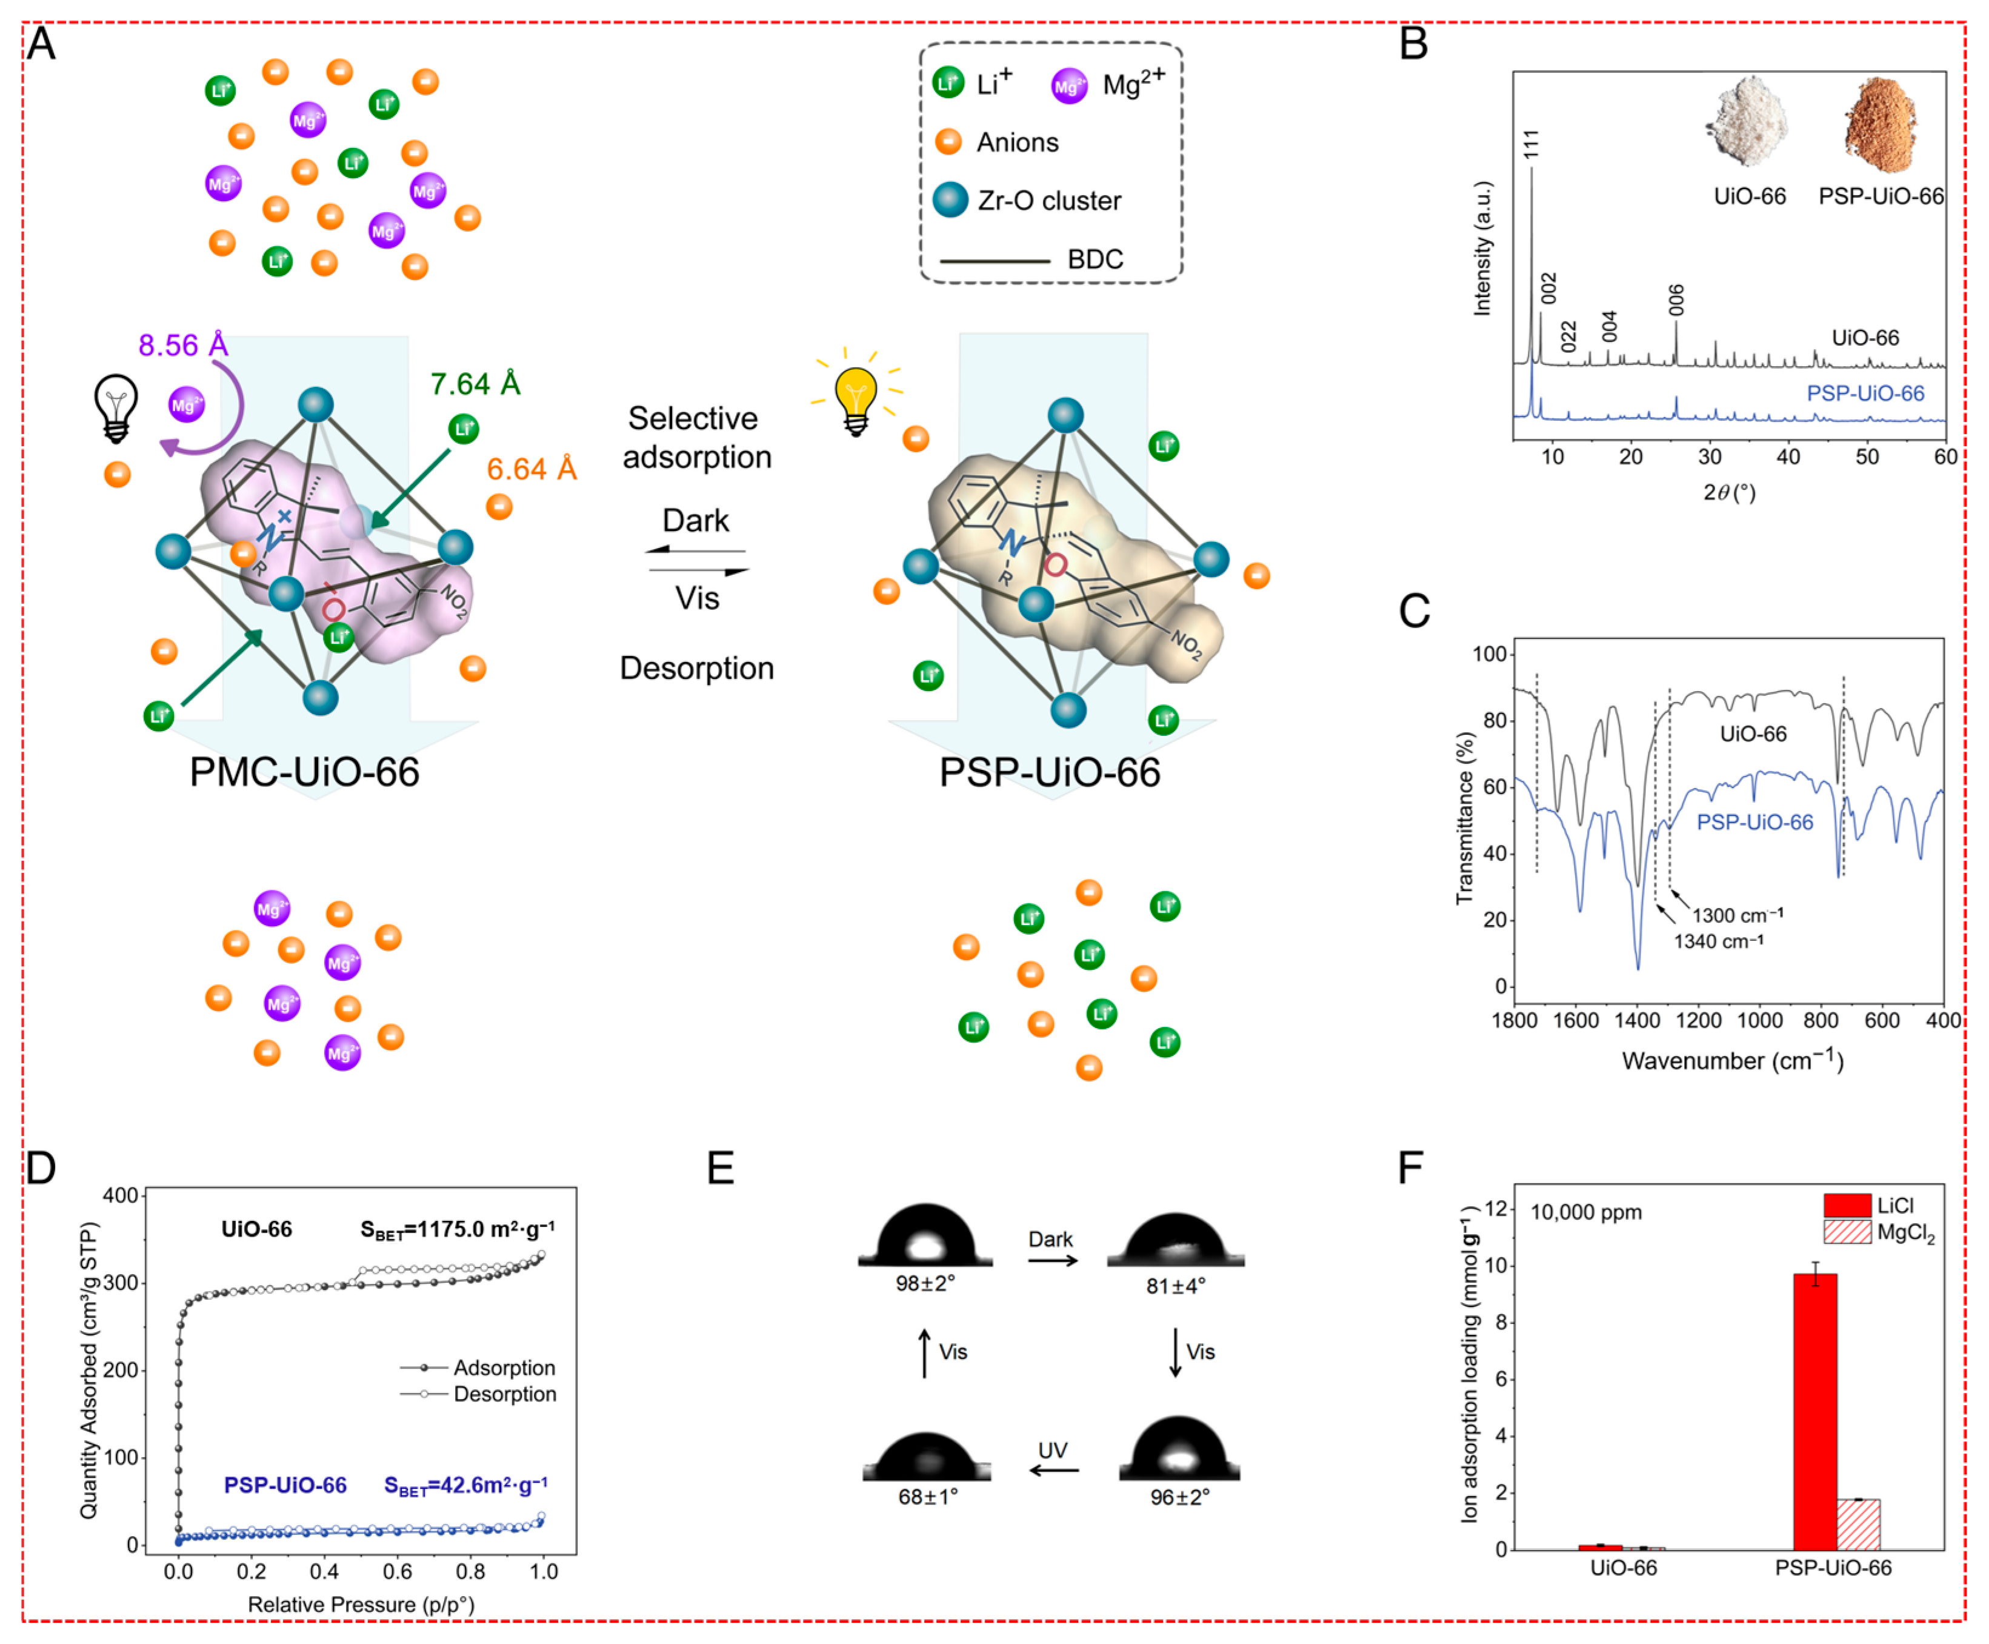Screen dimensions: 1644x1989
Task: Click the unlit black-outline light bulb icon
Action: pyautogui.click(x=116, y=407)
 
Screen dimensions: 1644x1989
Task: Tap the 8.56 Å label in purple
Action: pyautogui.click(x=182, y=345)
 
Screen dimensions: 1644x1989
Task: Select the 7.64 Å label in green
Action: pyautogui.click(x=475, y=384)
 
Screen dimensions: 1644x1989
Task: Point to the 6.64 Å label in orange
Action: pyautogui.click(x=531, y=469)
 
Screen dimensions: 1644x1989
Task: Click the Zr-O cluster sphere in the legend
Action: pyautogui.click(x=950, y=200)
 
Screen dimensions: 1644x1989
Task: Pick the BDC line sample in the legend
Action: pyautogui.click(x=994, y=261)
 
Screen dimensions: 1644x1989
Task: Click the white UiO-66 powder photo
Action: pyautogui.click(x=1748, y=123)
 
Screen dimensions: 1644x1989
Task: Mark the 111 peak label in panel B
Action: pyautogui.click(x=1531, y=144)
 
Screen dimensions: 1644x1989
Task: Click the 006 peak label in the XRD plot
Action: pyautogui.click(x=1677, y=300)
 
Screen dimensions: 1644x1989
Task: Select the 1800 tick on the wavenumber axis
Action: pyautogui.click(x=1514, y=1020)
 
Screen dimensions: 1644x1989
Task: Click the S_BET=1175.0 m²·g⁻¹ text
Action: pyautogui.click(x=458, y=1229)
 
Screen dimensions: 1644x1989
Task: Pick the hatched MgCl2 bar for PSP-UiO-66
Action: pyautogui.click(x=1857, y=1524)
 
